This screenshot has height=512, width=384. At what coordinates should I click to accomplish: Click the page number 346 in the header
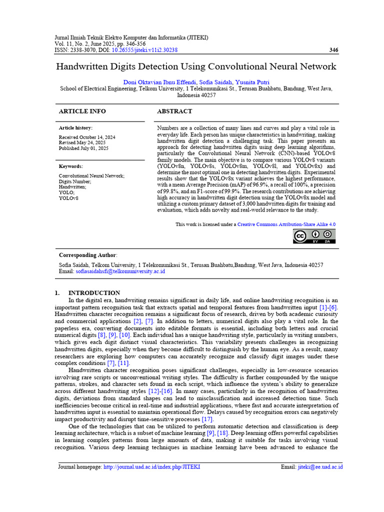coord(334,50)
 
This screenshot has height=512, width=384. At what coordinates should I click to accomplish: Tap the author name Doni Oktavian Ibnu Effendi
coord(160,81)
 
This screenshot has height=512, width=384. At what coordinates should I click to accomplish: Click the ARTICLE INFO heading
coord(82,111)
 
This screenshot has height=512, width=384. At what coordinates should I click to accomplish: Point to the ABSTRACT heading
coord(174,111)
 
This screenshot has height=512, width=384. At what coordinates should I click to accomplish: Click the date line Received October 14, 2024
coord(87,137)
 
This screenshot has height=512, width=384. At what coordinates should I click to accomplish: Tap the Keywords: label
coord(71,166)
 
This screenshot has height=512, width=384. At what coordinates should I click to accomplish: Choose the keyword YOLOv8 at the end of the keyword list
coord(68,198)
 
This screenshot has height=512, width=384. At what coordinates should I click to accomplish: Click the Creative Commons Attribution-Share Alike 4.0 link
coord(286,224)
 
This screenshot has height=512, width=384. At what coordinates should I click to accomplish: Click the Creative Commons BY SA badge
coord(314,236)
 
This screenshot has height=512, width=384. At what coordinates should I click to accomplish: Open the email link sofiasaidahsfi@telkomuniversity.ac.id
coord(120,271)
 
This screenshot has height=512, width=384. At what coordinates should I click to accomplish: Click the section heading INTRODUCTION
coord(94,293)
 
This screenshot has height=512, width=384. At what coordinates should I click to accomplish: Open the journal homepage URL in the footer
coord(151,467)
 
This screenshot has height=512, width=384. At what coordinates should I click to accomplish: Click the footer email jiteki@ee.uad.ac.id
coord(320,467)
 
